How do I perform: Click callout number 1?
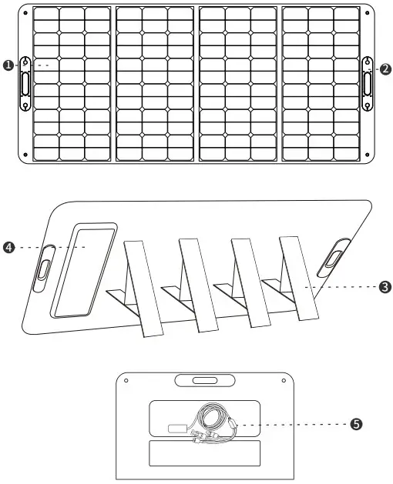click(x=8, y=66)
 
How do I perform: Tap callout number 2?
click(x=385, y=68)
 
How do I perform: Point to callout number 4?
click(x=8, y=247)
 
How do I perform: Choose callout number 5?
click(x=355, y=424)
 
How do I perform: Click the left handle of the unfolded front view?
click(x=24, y=82)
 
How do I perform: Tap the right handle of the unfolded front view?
click(x=368, y=82)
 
